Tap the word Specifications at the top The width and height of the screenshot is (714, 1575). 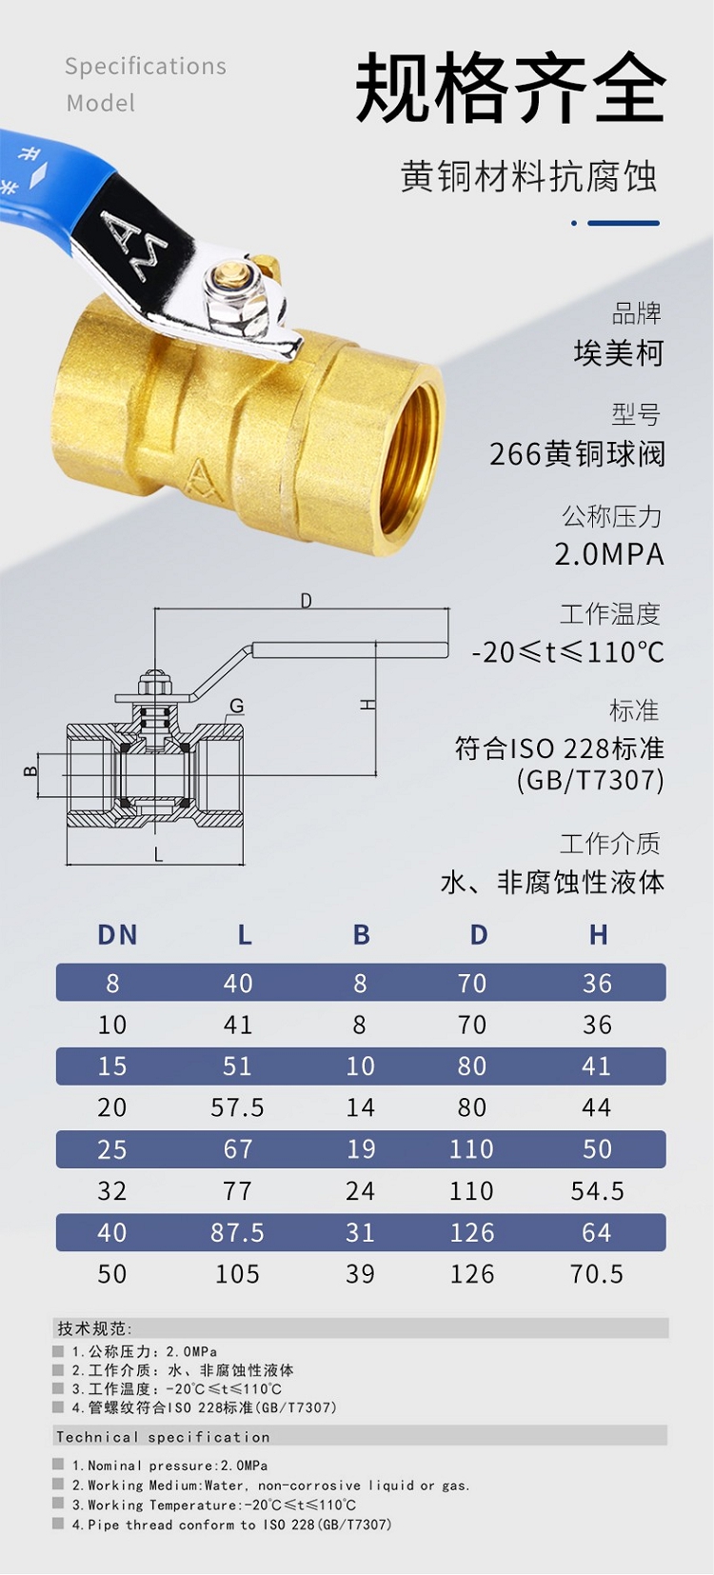pyautogui.click(x=146, y=67)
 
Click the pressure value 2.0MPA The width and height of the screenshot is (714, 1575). pyautogui.click(x=609, y=554)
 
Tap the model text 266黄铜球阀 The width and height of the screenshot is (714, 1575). pyautogui.click(x=577, y=453)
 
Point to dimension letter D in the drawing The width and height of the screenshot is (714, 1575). pyautogui.click(x=306, y=601)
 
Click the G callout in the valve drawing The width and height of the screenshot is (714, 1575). pyautogui.click(x=237, y=706)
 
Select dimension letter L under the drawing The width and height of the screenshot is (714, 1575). pyautogui.click(x=158, y=854)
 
